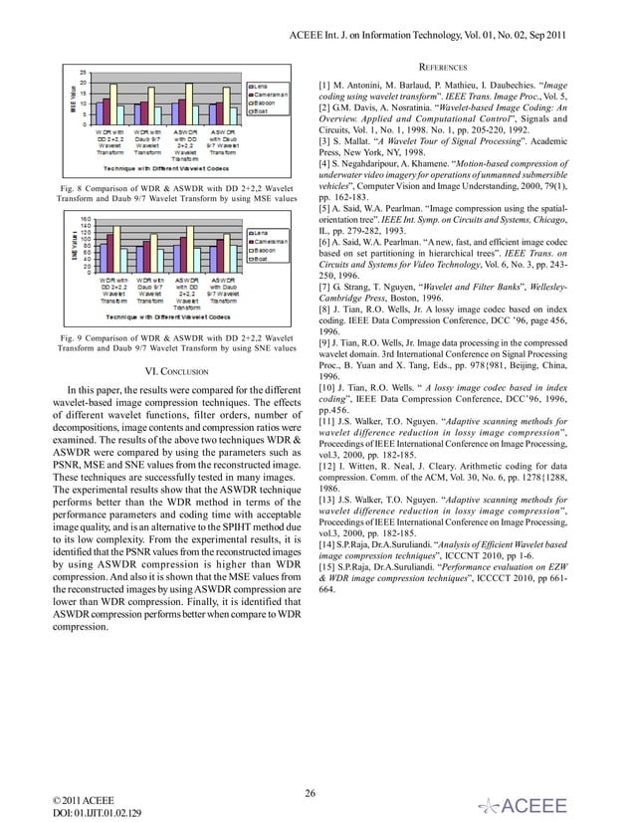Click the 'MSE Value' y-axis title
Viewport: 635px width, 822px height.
(72, 97)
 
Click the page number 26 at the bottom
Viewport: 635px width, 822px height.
(312, 793)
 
